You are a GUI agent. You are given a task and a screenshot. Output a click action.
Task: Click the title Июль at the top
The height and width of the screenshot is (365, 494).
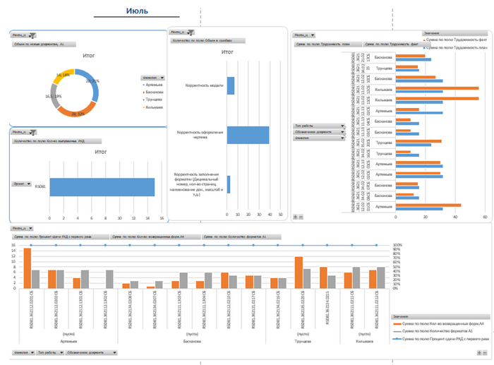point(137,11)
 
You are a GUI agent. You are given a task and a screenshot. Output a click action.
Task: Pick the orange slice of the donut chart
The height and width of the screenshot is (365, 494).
point(78,110)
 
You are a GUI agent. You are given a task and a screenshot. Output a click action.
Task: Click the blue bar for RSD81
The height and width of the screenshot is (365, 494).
point(102,186)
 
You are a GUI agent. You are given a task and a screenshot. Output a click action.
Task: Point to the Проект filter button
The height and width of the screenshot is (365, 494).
point(21,184)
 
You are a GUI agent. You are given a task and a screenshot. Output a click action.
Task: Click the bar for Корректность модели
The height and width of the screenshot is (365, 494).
point(231,85)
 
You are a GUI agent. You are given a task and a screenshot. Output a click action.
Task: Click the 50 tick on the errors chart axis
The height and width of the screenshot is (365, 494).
point(280,215)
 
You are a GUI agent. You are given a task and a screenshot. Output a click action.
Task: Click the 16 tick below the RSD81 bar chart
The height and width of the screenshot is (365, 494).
point(161,217)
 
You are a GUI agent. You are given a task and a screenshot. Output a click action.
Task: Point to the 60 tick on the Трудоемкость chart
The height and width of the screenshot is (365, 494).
point(485,217)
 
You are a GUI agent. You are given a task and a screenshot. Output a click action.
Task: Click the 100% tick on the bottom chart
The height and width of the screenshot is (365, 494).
point(397,245)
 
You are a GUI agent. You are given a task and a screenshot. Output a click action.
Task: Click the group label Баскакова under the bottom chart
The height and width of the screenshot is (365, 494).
point(192,340)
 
